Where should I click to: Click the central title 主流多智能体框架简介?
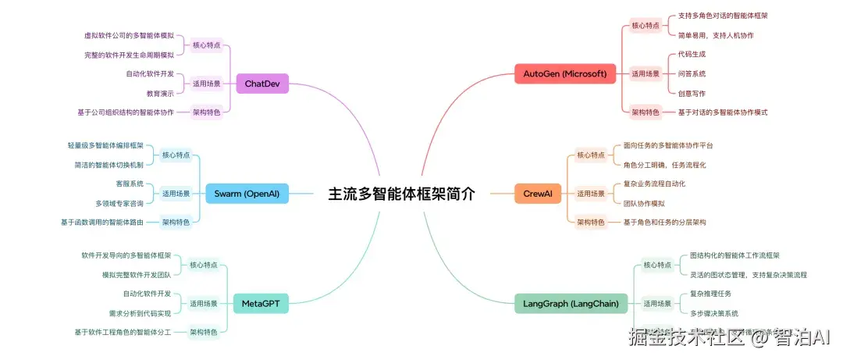(x=401, y=194)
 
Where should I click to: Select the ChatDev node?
(x=261, y=83)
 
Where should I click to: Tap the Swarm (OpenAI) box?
(x=247, y=193)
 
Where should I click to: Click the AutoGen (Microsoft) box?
(x=564, y=74)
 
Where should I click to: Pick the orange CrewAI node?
(x=538, y=193)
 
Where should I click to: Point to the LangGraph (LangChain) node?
(x=571, y=303)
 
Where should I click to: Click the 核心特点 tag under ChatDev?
(x=207, y=45)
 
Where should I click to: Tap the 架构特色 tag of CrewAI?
(x=591, y=223)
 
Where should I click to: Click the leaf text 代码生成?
(x=692, y=55)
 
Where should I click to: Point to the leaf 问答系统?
(x=692, y=74)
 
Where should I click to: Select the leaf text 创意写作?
(x=692, y=93)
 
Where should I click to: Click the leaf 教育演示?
(x=160, y=93)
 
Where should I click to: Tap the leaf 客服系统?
(x=130, y=184)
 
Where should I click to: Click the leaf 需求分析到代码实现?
(x=140, y=313)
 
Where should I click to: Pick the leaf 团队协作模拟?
(x=644, y=203)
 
